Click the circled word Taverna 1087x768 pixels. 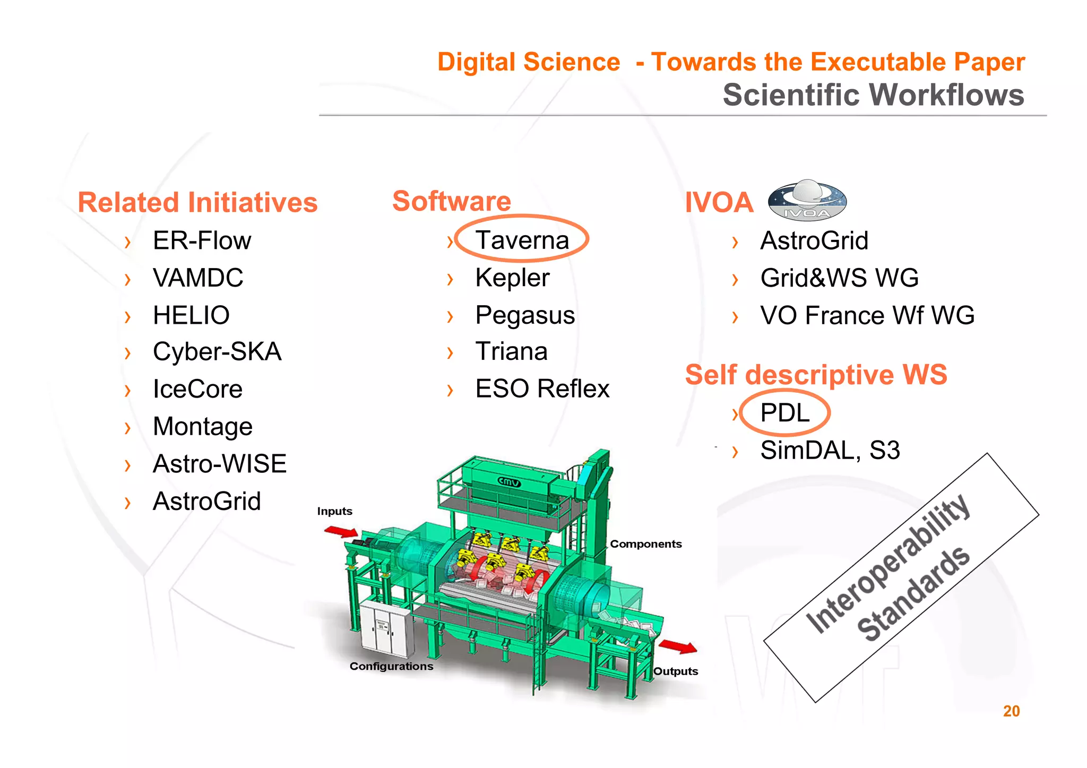coord(522,240)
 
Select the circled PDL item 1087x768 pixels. coord(784,412)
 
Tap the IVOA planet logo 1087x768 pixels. coord(807,201)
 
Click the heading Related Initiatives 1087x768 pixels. coord(197,202)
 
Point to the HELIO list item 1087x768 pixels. coord(191,315)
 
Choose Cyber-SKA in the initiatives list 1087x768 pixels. coord(217,352)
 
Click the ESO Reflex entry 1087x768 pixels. coord(542,389)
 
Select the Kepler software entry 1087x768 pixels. coord(512,278)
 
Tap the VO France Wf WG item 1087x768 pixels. coord(867,315)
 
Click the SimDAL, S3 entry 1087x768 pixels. coord(830,451)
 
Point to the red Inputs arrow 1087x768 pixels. coord(341,531)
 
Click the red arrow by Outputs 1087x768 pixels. coord(678,646)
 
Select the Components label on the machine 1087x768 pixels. coord(645,544)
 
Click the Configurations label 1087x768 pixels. coord(391,666)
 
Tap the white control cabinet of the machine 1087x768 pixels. coord(385,630)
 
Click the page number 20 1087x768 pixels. coord(1011,711)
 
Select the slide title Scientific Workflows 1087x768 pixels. coord(873,95)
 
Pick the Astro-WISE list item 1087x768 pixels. coord(219,464)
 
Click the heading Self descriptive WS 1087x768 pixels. coord(816,375)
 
